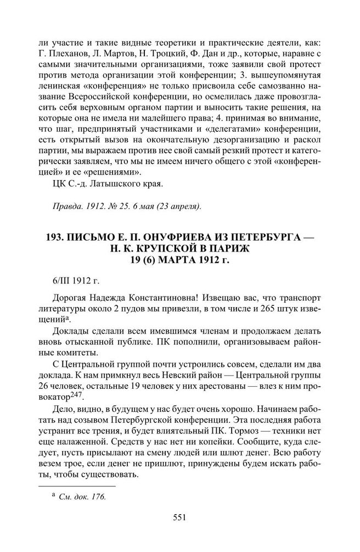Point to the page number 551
click(180, 516)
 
